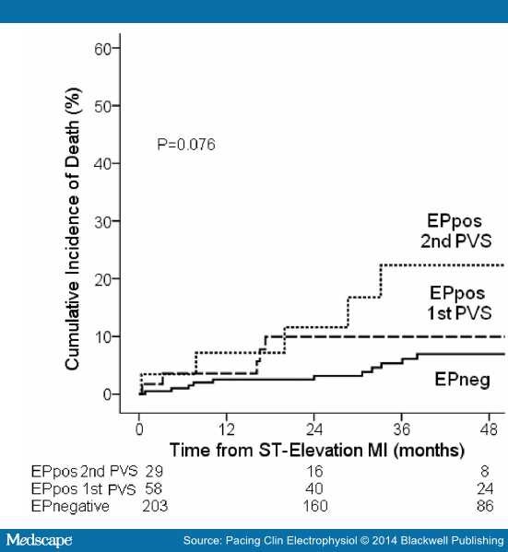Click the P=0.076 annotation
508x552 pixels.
click(184, 145)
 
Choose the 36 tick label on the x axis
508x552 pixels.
click(402, 429)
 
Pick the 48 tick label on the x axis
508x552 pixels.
click(490, 429)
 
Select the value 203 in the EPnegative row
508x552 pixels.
click(155, 506)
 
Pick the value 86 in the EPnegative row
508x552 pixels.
click(489, 506)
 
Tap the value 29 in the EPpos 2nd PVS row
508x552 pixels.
click(154, 471)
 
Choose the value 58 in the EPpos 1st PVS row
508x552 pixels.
click(154, 488)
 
